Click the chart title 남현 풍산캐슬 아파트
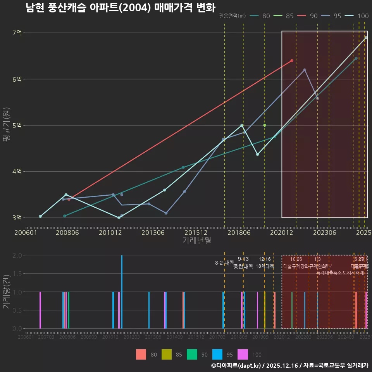pyautogui.click(x=120, y=7)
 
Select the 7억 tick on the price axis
pyautogui.click(x=17, y=33)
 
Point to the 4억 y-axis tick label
pyautogui.click(x=17, y=172)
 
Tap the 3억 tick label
pyautogui.click(x=17, y=218)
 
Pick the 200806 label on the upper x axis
pyautogui.click(x=68, y=233)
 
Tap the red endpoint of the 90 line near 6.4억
pyautogui.click(x=292, y=60)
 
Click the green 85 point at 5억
pyautogui.click(x=265, y=126)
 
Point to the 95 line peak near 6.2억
pyautogui.click(x=305, y=70)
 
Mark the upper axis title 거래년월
pyautogui.click(x=196, y=240)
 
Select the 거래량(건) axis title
pyautogui.click(x=6, y=292)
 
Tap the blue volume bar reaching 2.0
pyautogui.click(x=122, y=292)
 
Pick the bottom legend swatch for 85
pyautogui.click(x=166, y=354)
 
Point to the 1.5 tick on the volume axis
pyautogui.click(x=17, y=274)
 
